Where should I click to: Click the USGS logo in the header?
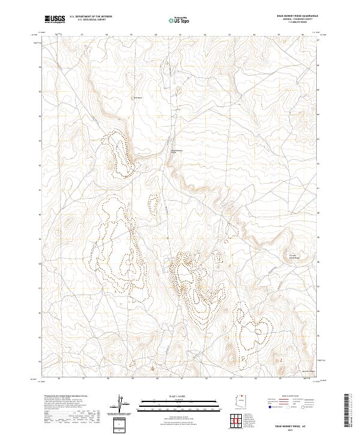pos(55,19)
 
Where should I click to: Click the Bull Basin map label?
pos(137,98)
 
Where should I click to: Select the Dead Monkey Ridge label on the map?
pos(176,151)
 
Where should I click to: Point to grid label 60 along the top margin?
pos(156,35)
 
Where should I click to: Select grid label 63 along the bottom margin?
pos(230,379)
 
